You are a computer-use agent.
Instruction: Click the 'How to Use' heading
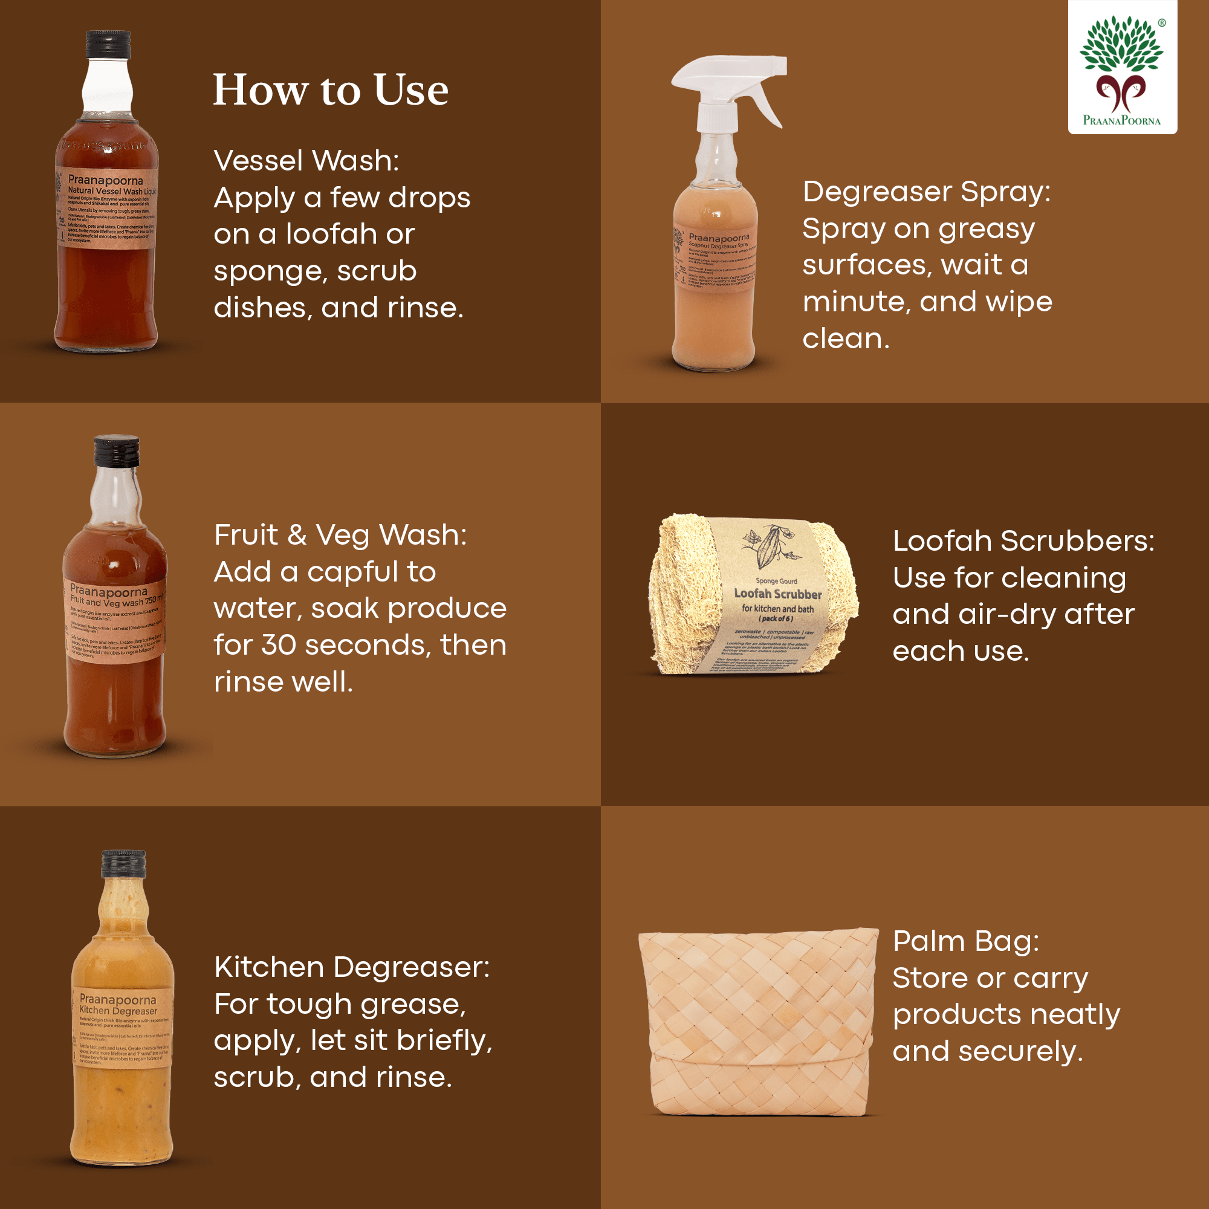click(331, 90)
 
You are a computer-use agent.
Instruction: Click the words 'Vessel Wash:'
click(306, 161)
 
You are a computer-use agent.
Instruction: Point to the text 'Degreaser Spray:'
click(926, 192)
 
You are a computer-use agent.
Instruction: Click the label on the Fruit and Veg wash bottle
click(115, 620)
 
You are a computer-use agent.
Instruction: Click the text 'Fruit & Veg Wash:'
click(340, 535)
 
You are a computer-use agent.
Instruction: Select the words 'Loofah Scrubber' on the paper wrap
click(777, 593)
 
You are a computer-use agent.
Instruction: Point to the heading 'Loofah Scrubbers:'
click(1023, 540)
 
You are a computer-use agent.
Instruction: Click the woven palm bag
click(757, 1023)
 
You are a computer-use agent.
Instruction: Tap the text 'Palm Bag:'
click(965, 941)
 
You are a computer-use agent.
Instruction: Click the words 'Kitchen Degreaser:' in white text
click(352, 967)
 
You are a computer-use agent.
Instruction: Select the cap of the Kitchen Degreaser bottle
click(124, 864)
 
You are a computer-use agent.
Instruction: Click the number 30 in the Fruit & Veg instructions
click(278, 645)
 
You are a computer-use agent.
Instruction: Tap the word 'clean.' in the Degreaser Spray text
click(846, 339)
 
